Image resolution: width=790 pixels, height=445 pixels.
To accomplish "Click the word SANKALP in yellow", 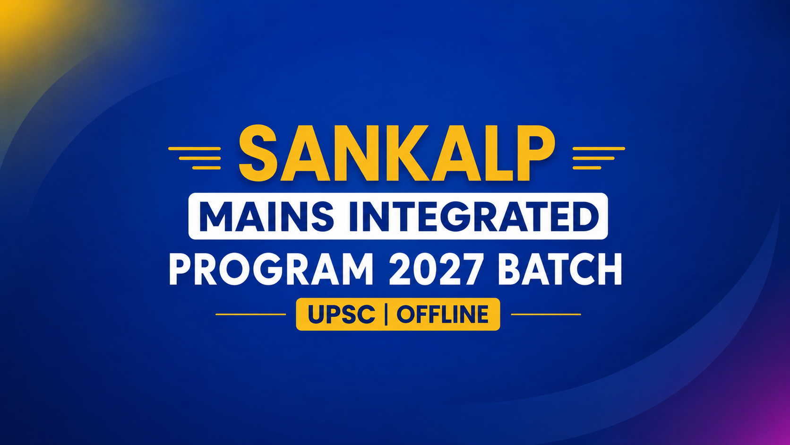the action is pos(397,153).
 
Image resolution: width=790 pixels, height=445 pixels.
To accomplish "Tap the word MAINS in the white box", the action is pos(266,216).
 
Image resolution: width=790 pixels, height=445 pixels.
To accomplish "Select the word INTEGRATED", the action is pos(473,216).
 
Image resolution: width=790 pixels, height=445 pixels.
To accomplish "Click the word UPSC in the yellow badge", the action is pos(341,314).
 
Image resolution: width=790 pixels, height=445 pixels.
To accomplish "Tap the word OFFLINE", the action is pos(443,314).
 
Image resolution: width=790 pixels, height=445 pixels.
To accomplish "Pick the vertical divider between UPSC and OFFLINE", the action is pos(386,314).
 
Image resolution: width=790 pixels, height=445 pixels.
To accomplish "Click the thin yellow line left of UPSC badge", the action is pos(251,314).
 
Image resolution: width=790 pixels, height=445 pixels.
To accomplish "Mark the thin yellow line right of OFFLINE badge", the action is pos(546,314).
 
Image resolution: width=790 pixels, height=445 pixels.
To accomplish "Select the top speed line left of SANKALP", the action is pos(195,148).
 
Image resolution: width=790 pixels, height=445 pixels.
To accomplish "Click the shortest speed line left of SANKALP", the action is pos(206,167).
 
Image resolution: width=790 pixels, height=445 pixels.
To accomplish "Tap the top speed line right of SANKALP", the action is pos(599,148).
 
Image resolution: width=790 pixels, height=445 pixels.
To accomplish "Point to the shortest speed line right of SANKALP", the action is pos(587,167).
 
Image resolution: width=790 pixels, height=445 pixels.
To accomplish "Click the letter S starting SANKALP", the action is pos(258,153).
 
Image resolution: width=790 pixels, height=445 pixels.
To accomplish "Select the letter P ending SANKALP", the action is pos(535,154).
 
